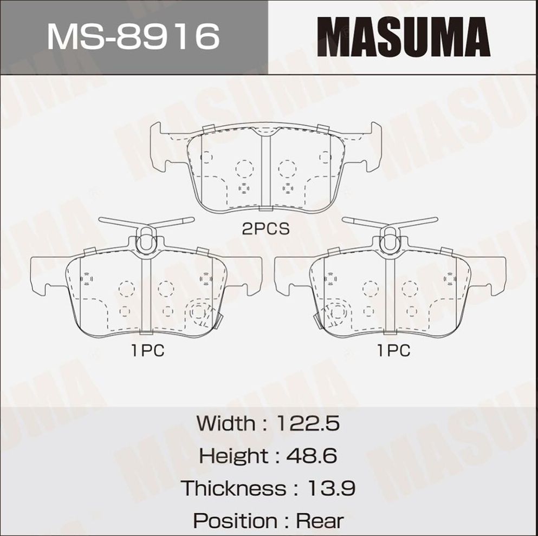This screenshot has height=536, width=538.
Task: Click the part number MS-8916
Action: pyautogui.click(x=134, y=37)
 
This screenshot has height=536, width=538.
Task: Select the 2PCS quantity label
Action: pyautogui.click(x=265, y=229)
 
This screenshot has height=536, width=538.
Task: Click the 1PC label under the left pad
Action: pyautogui.click(x=147, y=351)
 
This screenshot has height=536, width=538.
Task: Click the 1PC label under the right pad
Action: pyautogui.click(x=394, y=351)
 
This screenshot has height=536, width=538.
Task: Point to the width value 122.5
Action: pyautogui.click(x=308, y=423)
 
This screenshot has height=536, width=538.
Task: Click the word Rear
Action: pyautogui.click(x=320, y=521)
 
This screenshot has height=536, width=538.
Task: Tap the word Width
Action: pyautogui.click(x=224, y=423)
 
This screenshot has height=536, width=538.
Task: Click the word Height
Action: pyautogui.click(x=233, y=455)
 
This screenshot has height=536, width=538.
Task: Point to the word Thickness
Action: pyautogui.click(x=234, y=488)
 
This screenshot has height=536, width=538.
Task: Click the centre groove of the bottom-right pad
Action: pyautogui.click(x=390, y=295)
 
